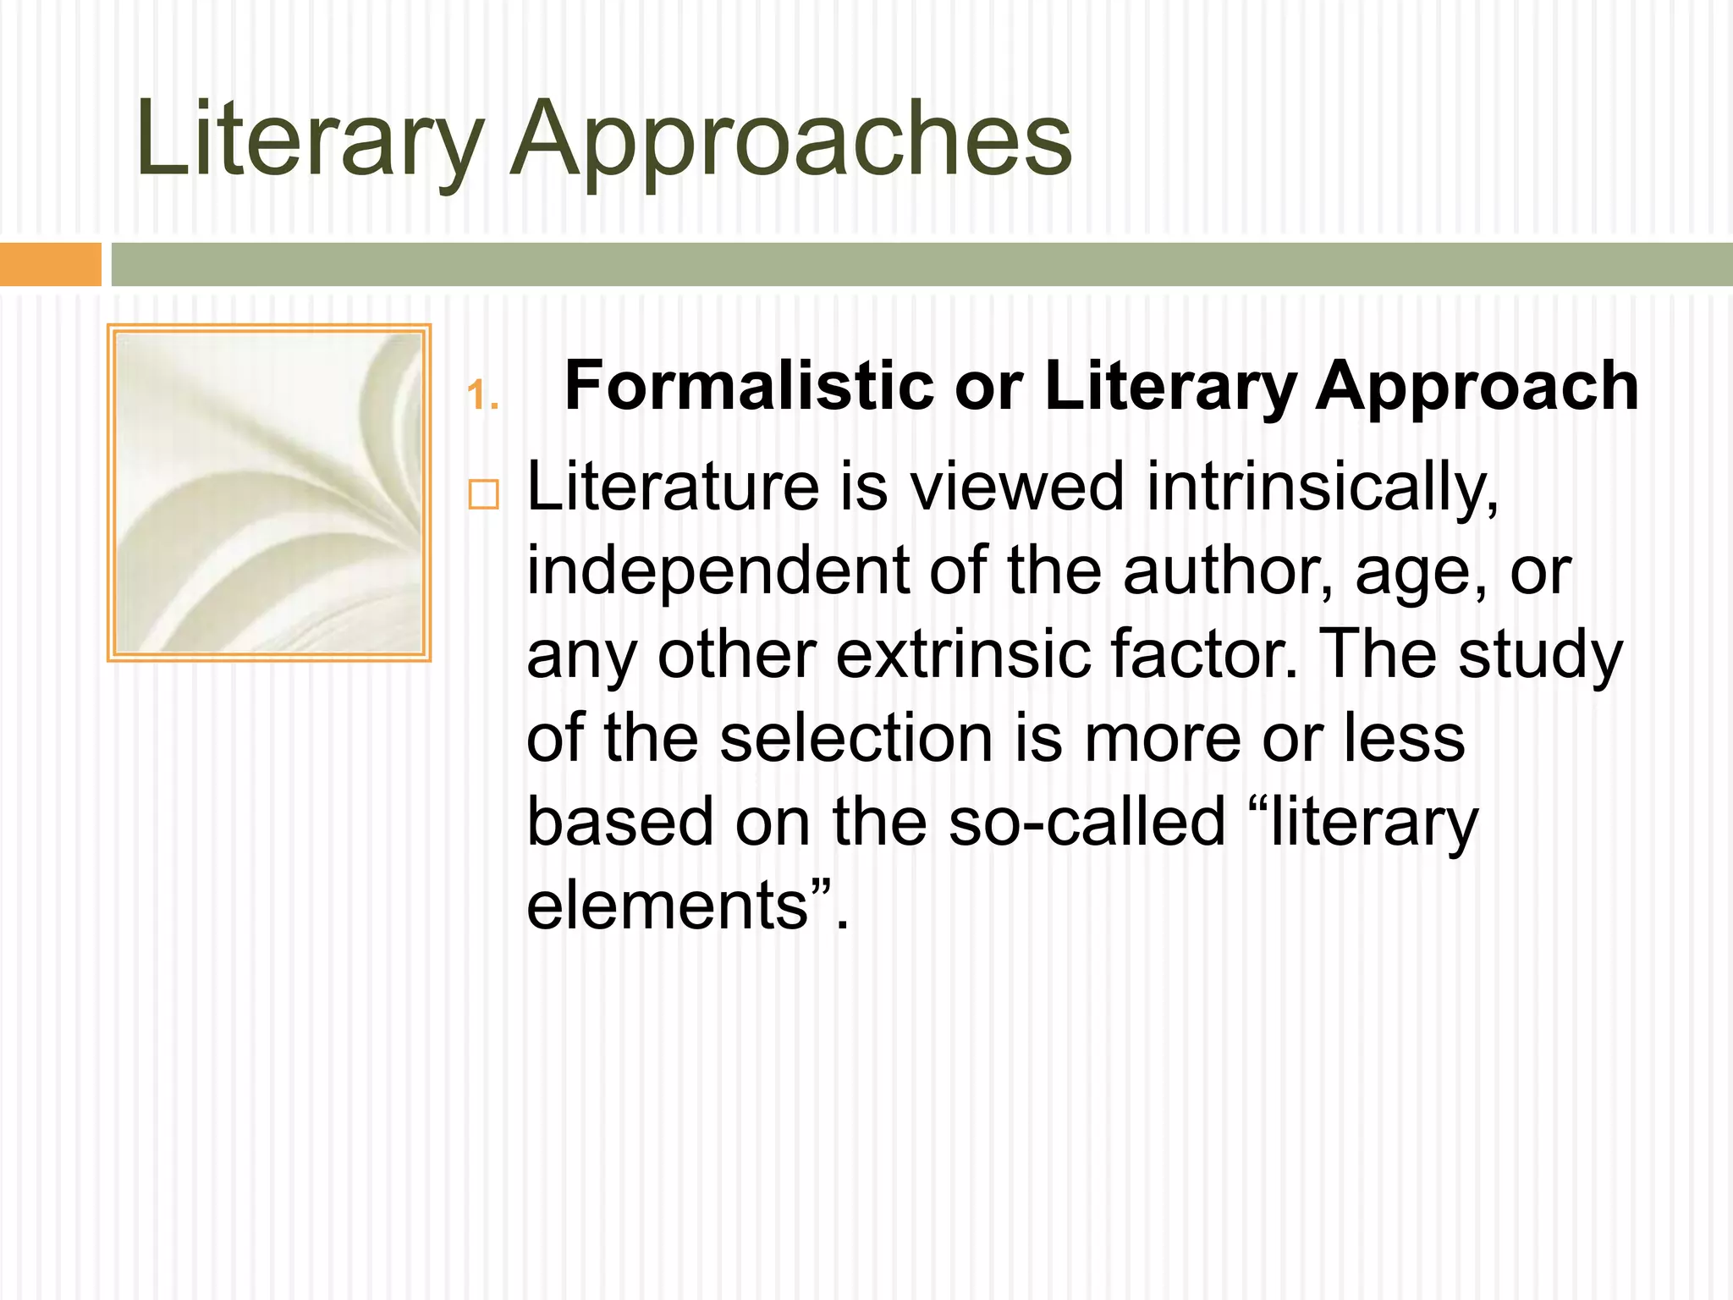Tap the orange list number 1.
coord(481,396)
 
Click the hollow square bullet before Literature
coord(483,493)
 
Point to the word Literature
coord(673,487)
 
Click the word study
coord(1540,654)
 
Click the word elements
coord(668,905)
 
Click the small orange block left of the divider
coord(50,264)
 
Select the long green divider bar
coord(922,264)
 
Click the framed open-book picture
coord(269,493)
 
